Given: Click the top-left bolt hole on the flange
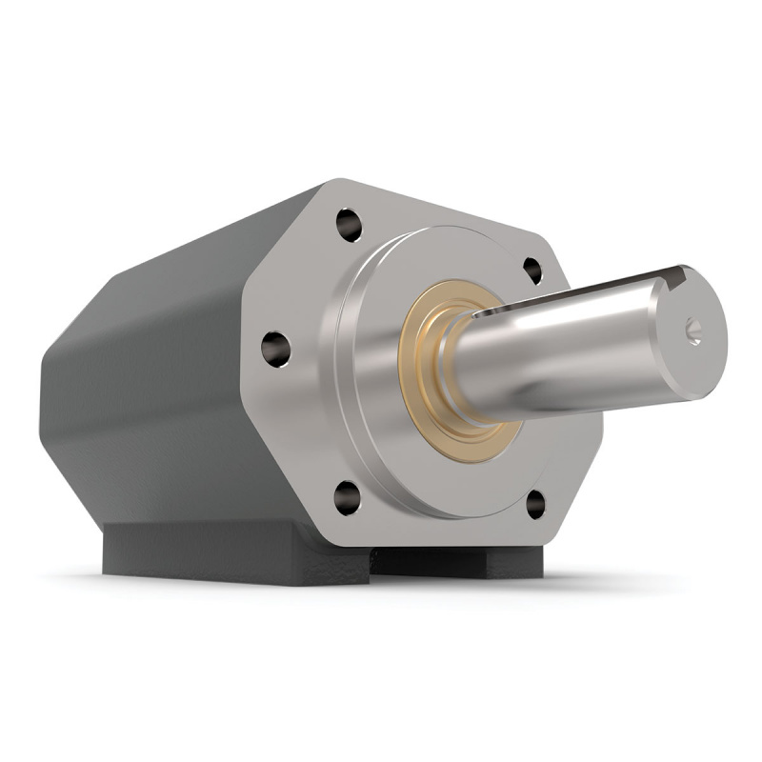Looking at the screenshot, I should coord(350,226).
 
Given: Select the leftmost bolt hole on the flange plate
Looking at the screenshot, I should coord(276,348).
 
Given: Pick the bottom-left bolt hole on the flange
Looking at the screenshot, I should coord(348,496).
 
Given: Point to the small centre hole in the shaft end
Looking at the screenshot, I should coord(693,331).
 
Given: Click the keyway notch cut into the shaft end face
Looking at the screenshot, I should coord(678,278).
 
